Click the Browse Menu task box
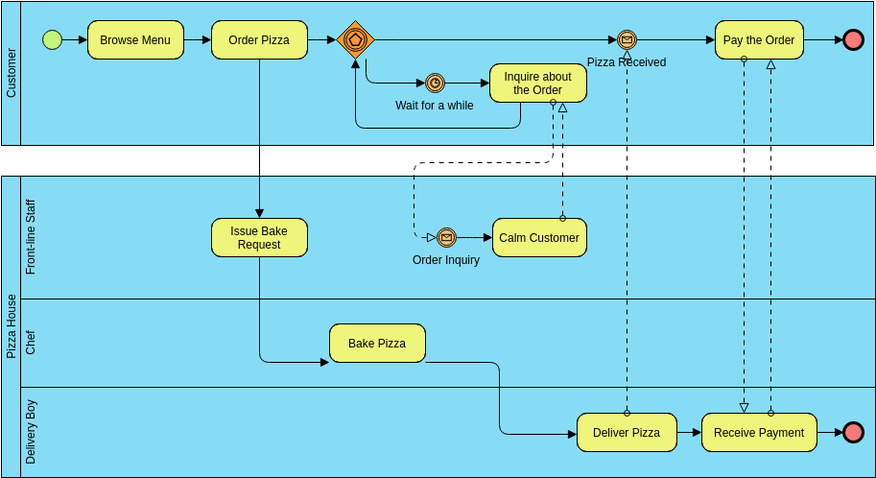pos(135,40)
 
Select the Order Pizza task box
pos(259,40)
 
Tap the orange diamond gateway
pos(355,40)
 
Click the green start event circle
pos(53,39)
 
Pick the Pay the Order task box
pos(759,40)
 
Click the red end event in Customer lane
pos(853,40)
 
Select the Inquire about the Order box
pos(537,84)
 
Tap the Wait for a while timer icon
pos(435,84)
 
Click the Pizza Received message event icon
pos(627,40)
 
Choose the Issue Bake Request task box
pos(259,238)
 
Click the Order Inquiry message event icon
pos(446,238)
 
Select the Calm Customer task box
pos(539,238)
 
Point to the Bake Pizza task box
pos(377,344)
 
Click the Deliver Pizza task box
pos(627,433)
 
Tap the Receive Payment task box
pos(759,433)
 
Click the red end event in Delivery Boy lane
pos(853,433)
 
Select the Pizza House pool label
pos(12,326)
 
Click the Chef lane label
pos(31,343)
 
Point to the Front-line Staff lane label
pos(31,237)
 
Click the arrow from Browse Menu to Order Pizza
pos(198,40)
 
